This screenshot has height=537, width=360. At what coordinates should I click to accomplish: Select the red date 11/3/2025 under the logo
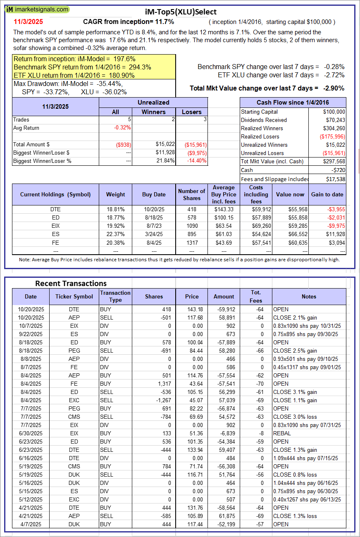tap(28, 21)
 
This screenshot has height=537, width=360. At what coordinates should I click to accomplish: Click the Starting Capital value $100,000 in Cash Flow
tap(334, 112)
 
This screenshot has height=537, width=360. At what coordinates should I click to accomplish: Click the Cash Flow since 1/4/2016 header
tap(293, 103)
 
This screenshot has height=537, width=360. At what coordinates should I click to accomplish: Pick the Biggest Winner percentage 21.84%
tap(165, 161)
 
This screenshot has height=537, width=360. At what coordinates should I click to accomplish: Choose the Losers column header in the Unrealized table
tap(192, 112)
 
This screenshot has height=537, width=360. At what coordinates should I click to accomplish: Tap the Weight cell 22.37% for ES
tap(115, 234)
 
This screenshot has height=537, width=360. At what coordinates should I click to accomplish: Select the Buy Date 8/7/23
tap(154, 226)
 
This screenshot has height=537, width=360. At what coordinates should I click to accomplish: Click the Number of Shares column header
tap(191, 194)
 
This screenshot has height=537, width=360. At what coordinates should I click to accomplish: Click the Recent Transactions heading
tap(71, 283)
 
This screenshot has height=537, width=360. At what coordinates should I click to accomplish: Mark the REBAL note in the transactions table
tap(281, 433)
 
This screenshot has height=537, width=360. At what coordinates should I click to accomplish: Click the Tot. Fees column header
tap(256, 296)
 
